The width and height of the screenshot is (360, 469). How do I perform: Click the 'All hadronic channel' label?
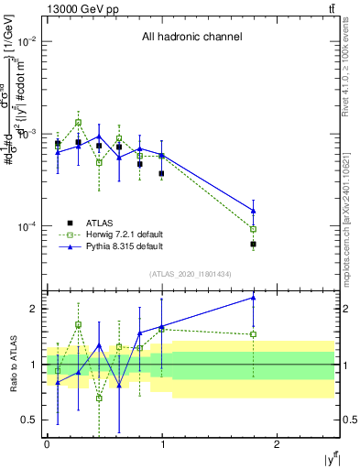click(191, 38)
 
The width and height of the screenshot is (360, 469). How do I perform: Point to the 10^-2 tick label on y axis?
click(28, 42)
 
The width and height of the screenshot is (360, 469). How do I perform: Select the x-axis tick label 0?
click(47, 444)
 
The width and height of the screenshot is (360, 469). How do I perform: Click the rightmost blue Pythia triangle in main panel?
click(253, 211)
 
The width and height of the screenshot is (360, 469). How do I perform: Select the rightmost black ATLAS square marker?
click(253, 245)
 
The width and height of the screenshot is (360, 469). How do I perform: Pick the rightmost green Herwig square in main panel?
click(253, 229)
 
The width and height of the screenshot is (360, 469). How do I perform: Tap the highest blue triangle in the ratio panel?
click(253, 297)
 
